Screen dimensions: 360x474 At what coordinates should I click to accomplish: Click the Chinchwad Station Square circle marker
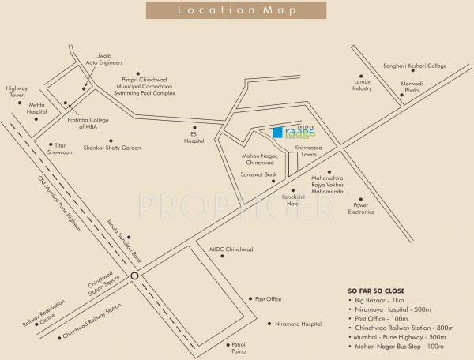[135, 276]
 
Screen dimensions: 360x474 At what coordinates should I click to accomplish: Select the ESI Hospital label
[193, 134]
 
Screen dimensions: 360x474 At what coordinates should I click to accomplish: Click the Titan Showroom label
[62, 148]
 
